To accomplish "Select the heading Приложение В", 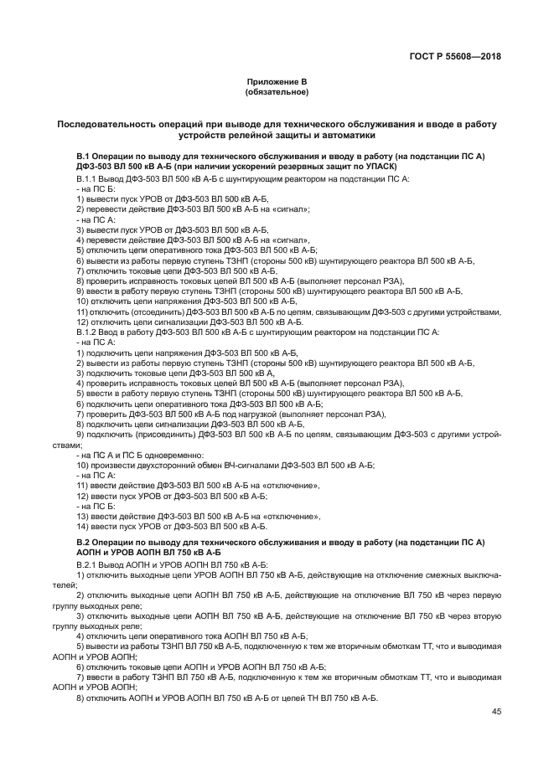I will coord(277,81).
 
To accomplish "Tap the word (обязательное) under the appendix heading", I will coord(277,90).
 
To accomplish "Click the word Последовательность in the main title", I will coord(106,124).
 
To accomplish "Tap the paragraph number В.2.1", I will coord(87,566).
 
